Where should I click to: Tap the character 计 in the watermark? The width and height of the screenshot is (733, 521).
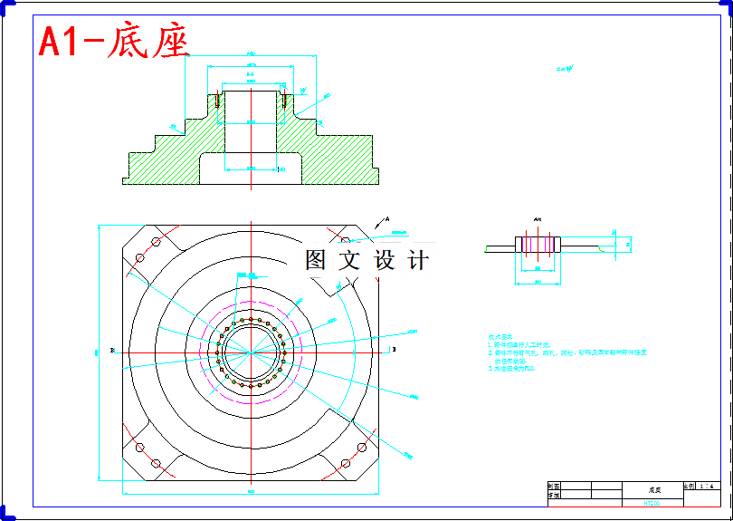tap(417, 261)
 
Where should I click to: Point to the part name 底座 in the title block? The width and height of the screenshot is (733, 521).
tap(653, 488)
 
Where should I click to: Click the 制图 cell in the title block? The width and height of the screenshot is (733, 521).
tap(555, 487)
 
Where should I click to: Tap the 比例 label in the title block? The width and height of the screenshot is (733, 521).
tap(689, 487)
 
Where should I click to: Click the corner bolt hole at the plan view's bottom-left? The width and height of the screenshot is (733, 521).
tap(156, 463)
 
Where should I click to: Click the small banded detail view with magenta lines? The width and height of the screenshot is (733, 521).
tap(538, 245)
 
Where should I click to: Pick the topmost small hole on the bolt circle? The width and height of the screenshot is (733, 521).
tap(252, 318)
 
